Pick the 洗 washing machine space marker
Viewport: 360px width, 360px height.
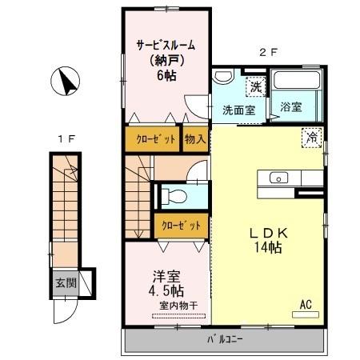tap(254, 85)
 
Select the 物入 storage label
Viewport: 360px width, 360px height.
tap(194, 138)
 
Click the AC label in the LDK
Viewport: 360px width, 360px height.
tap(306, 303)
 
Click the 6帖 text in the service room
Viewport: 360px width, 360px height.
tap(166, 75)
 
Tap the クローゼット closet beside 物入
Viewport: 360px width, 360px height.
tap(152, 138)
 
